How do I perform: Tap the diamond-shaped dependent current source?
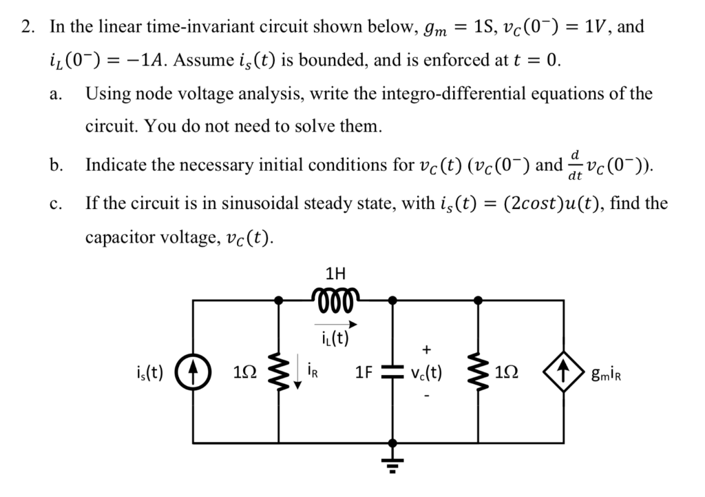click(x=565, y=373)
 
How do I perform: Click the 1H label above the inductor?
click(x=335, y=272)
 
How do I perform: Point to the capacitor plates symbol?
click(x=392, y=373)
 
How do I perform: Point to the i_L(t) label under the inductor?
click(x=335, y=338)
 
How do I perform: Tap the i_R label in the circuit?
click(x=311, y=374)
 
